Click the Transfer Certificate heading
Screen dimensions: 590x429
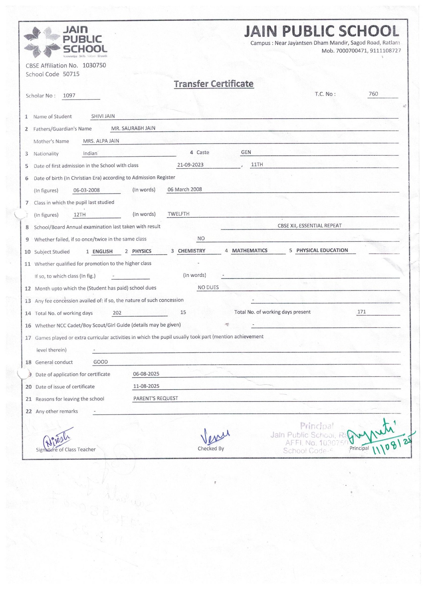213,84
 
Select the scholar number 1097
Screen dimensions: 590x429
69,95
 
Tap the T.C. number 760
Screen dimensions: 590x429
373,94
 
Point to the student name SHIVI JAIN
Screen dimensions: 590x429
103,116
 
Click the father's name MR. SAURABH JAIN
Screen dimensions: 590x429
133,128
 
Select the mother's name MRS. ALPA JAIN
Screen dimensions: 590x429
101,141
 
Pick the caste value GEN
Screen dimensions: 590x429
246,152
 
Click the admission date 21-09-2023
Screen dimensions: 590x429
190,165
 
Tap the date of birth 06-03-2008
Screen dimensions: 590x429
86,190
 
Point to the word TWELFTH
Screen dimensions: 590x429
179,214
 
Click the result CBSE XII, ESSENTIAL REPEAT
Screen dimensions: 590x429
309,226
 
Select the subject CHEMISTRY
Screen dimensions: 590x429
191,251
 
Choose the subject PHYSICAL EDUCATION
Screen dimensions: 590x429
322,250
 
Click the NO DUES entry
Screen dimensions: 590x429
208,287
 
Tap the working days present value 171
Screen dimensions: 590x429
361,312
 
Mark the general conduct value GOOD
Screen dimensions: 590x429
101,362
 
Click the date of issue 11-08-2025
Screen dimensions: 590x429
146,386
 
